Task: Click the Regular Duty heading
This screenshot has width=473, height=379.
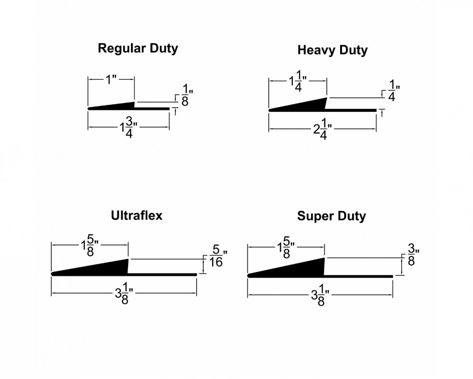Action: (x=138, y=48)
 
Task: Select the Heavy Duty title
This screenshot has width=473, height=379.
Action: (x=333, y=50)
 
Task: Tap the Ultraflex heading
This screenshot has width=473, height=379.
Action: (x=136, y=216)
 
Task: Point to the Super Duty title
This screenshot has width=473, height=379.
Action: (x=332, y=217)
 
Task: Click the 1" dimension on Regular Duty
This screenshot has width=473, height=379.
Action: (x=111, y=79)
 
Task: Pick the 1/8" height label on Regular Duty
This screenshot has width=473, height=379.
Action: (x=184, y=95)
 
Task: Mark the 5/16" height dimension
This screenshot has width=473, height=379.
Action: (x=215, y=255)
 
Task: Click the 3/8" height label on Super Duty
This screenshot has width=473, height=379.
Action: (x=411, y=254)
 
